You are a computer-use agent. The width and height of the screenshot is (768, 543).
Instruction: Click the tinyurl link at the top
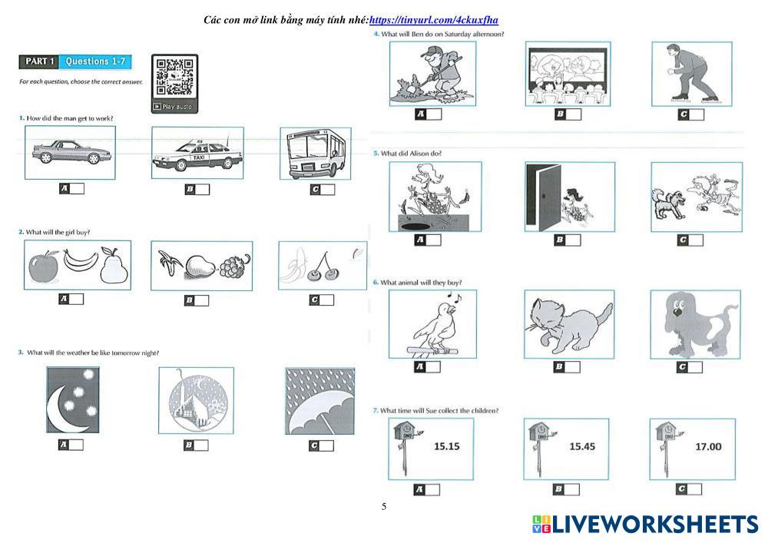pos(434,21)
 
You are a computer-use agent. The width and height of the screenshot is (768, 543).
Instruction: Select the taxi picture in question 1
pos(197,154)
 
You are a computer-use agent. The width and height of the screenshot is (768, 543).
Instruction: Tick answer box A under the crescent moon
pos(75,445)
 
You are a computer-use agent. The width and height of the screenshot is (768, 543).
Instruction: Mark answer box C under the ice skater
pos(696,114)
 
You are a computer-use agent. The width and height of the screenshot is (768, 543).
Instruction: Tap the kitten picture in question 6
pos(569,323)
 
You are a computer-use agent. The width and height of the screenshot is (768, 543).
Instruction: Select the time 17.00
pos(708,445)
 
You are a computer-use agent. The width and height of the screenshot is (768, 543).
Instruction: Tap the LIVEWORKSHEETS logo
pos(646,525)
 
